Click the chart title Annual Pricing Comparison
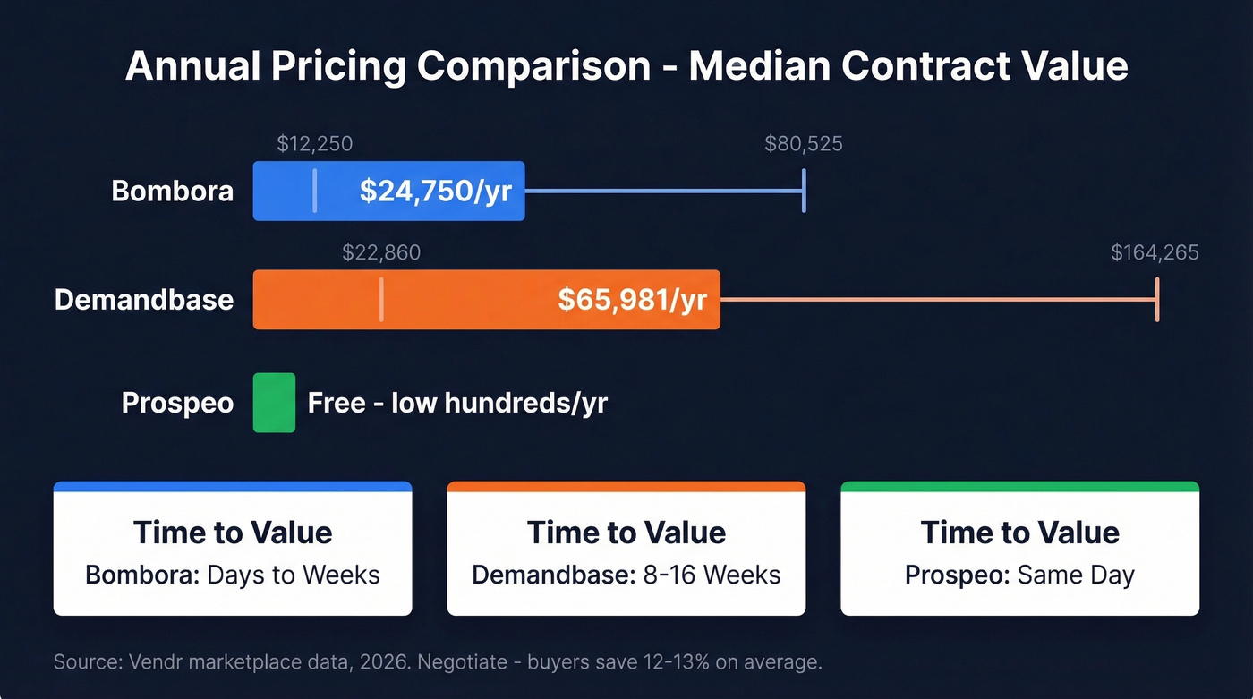(626, 67)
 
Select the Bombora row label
(172, 191)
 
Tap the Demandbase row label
(143, 299)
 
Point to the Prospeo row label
(177, 403)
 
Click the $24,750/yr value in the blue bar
(435, 191)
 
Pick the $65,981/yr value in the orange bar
(632, 300)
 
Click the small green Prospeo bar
(274, 403)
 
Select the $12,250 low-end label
(314, 144)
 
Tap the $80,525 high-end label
(803, 144)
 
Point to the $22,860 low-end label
(380, 253)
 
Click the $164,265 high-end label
(1155, 253)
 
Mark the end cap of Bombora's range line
(804, 191)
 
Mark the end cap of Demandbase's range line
(1157, 299)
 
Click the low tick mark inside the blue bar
(314, 191)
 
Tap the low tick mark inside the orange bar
(381, 299)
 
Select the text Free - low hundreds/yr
(457, 403)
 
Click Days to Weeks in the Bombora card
(294, 574)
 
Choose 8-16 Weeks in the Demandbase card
(712, 574)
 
